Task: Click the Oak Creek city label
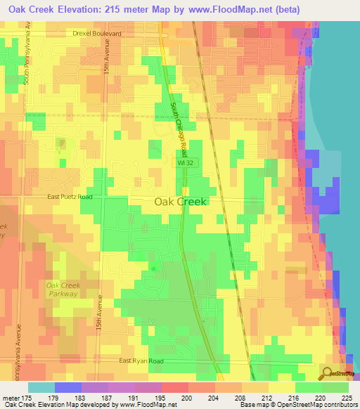180,202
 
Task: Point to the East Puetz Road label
70,197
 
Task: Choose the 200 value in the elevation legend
187,398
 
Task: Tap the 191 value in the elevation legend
134,398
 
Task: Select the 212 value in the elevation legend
267,398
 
